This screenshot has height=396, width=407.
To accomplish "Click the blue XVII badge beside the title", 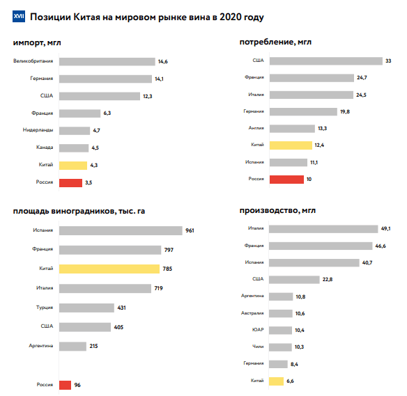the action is pos(19,16).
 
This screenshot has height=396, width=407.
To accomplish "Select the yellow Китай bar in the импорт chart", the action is pos(73,166).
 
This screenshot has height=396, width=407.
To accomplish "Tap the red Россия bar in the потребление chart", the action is pos(286,180).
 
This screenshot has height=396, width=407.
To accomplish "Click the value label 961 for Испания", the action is pos(190,230).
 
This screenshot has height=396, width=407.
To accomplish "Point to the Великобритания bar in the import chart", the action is pos(107,62).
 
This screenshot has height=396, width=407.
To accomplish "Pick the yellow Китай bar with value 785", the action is pos(109,269).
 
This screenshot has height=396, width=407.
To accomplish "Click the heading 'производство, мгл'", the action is pos(277,210).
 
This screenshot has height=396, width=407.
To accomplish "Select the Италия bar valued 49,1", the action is pos(323,229).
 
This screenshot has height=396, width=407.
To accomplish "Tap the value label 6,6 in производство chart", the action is pos(290,381).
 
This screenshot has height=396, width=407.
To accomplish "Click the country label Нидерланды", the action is pos(38,130).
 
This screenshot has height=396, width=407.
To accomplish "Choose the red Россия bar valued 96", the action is pos(65,385).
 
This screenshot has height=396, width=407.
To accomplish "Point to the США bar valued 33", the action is pos(326,61).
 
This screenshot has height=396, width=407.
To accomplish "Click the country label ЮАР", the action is pos(258,330).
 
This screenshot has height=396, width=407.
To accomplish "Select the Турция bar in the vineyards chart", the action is pos(86,308).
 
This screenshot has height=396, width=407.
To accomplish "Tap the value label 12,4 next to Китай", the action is pos(319,145).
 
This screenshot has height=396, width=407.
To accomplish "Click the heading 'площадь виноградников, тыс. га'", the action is pos(79,211).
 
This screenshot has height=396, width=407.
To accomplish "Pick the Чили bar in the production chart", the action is pos(280,347).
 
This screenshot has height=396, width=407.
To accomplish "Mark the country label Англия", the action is pos(256,128).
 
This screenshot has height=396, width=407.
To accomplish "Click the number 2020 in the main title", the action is pos(231,17).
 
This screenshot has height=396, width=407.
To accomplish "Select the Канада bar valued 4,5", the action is pos(74,148).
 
